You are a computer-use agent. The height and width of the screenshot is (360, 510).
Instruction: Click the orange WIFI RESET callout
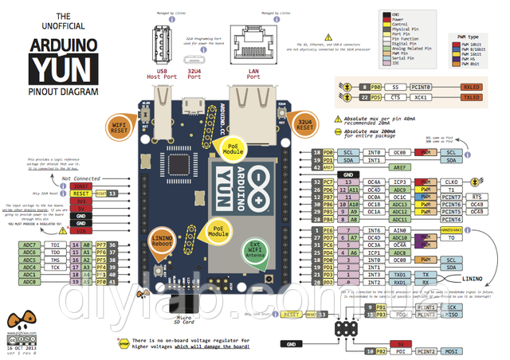pyautogui.click(x=120, y=127)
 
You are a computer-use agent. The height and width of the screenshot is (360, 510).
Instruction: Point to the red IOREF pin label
pyautogui.click(x=80, y=186)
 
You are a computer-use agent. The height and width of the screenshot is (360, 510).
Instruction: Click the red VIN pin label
pyautogui.click(x=80, y=231)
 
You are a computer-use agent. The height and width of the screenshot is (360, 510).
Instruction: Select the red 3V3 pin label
pyautogui.click(x=80, y=201)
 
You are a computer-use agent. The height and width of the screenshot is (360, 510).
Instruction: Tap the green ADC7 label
pyautogui.click(x=30, y=245)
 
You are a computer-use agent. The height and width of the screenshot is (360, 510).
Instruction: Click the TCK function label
pyautogui.click(x=55, y=267)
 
